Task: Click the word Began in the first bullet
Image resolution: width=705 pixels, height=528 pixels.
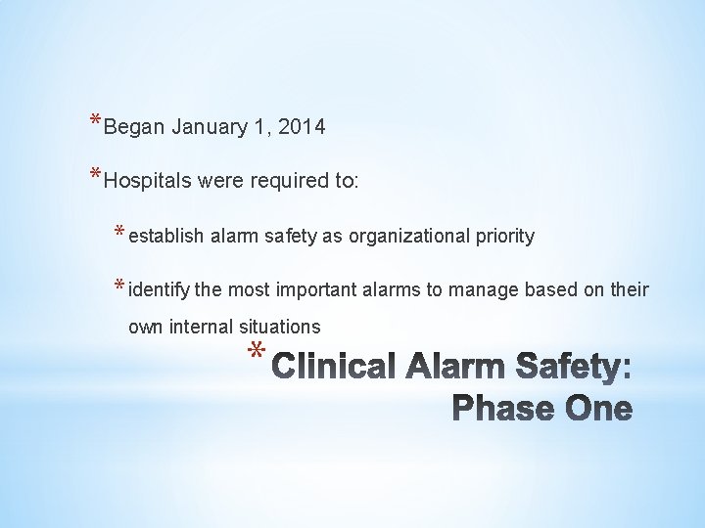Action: coord(134,127)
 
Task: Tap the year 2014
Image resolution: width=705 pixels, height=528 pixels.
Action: coord(301,127)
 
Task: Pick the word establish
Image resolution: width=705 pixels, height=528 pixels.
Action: coord(164,236)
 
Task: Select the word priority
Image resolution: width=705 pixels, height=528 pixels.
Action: coord(503,236)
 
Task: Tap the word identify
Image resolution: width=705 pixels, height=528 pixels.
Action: coord(160,289)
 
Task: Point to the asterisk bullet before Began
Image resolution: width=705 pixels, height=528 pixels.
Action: coord(94,122)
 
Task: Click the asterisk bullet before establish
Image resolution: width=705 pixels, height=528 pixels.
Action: coord(119,233)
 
